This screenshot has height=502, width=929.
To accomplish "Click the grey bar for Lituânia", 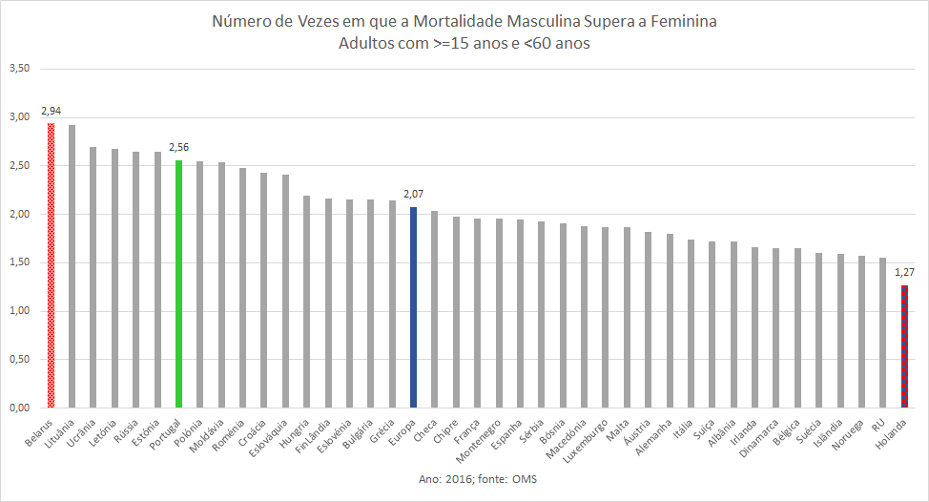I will (x=72, y=266).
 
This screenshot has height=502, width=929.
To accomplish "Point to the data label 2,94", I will (x=52, y=112).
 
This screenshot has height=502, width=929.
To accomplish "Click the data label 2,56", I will (x=178, y=148).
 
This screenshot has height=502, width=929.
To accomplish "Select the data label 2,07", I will (x=413, y=196).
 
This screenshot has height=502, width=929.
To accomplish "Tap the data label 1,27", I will (x=904, y=273).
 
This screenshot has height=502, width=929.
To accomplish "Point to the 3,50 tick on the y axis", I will (x=20, y=69).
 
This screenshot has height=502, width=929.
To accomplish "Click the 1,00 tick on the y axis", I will (x=20, y=311).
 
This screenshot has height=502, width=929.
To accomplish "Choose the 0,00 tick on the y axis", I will (x=20, y=408).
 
